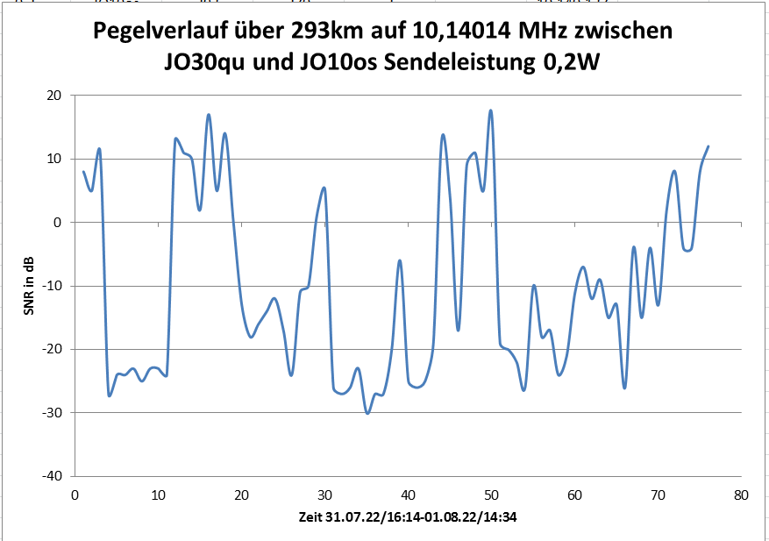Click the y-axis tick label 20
click(x=53, y=96)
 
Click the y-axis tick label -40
click(x=51, y=476)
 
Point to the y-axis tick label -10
click(x=51, y=286)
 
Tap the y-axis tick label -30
click(x=51, y=413)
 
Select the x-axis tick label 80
click(x=741, y=495)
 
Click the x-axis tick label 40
click(x=408, y=495)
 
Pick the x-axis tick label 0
click(x=75, y=495)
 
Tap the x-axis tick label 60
click(x=574, y=495)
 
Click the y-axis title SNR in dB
click(x=29, y=286)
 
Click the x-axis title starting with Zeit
click(x=407, y=517)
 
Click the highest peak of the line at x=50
click(x=491, y=110)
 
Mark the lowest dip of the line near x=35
click(x=367, y=413)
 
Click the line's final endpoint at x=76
click(x=708, y=146)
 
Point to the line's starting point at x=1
click(x=83, y=172)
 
